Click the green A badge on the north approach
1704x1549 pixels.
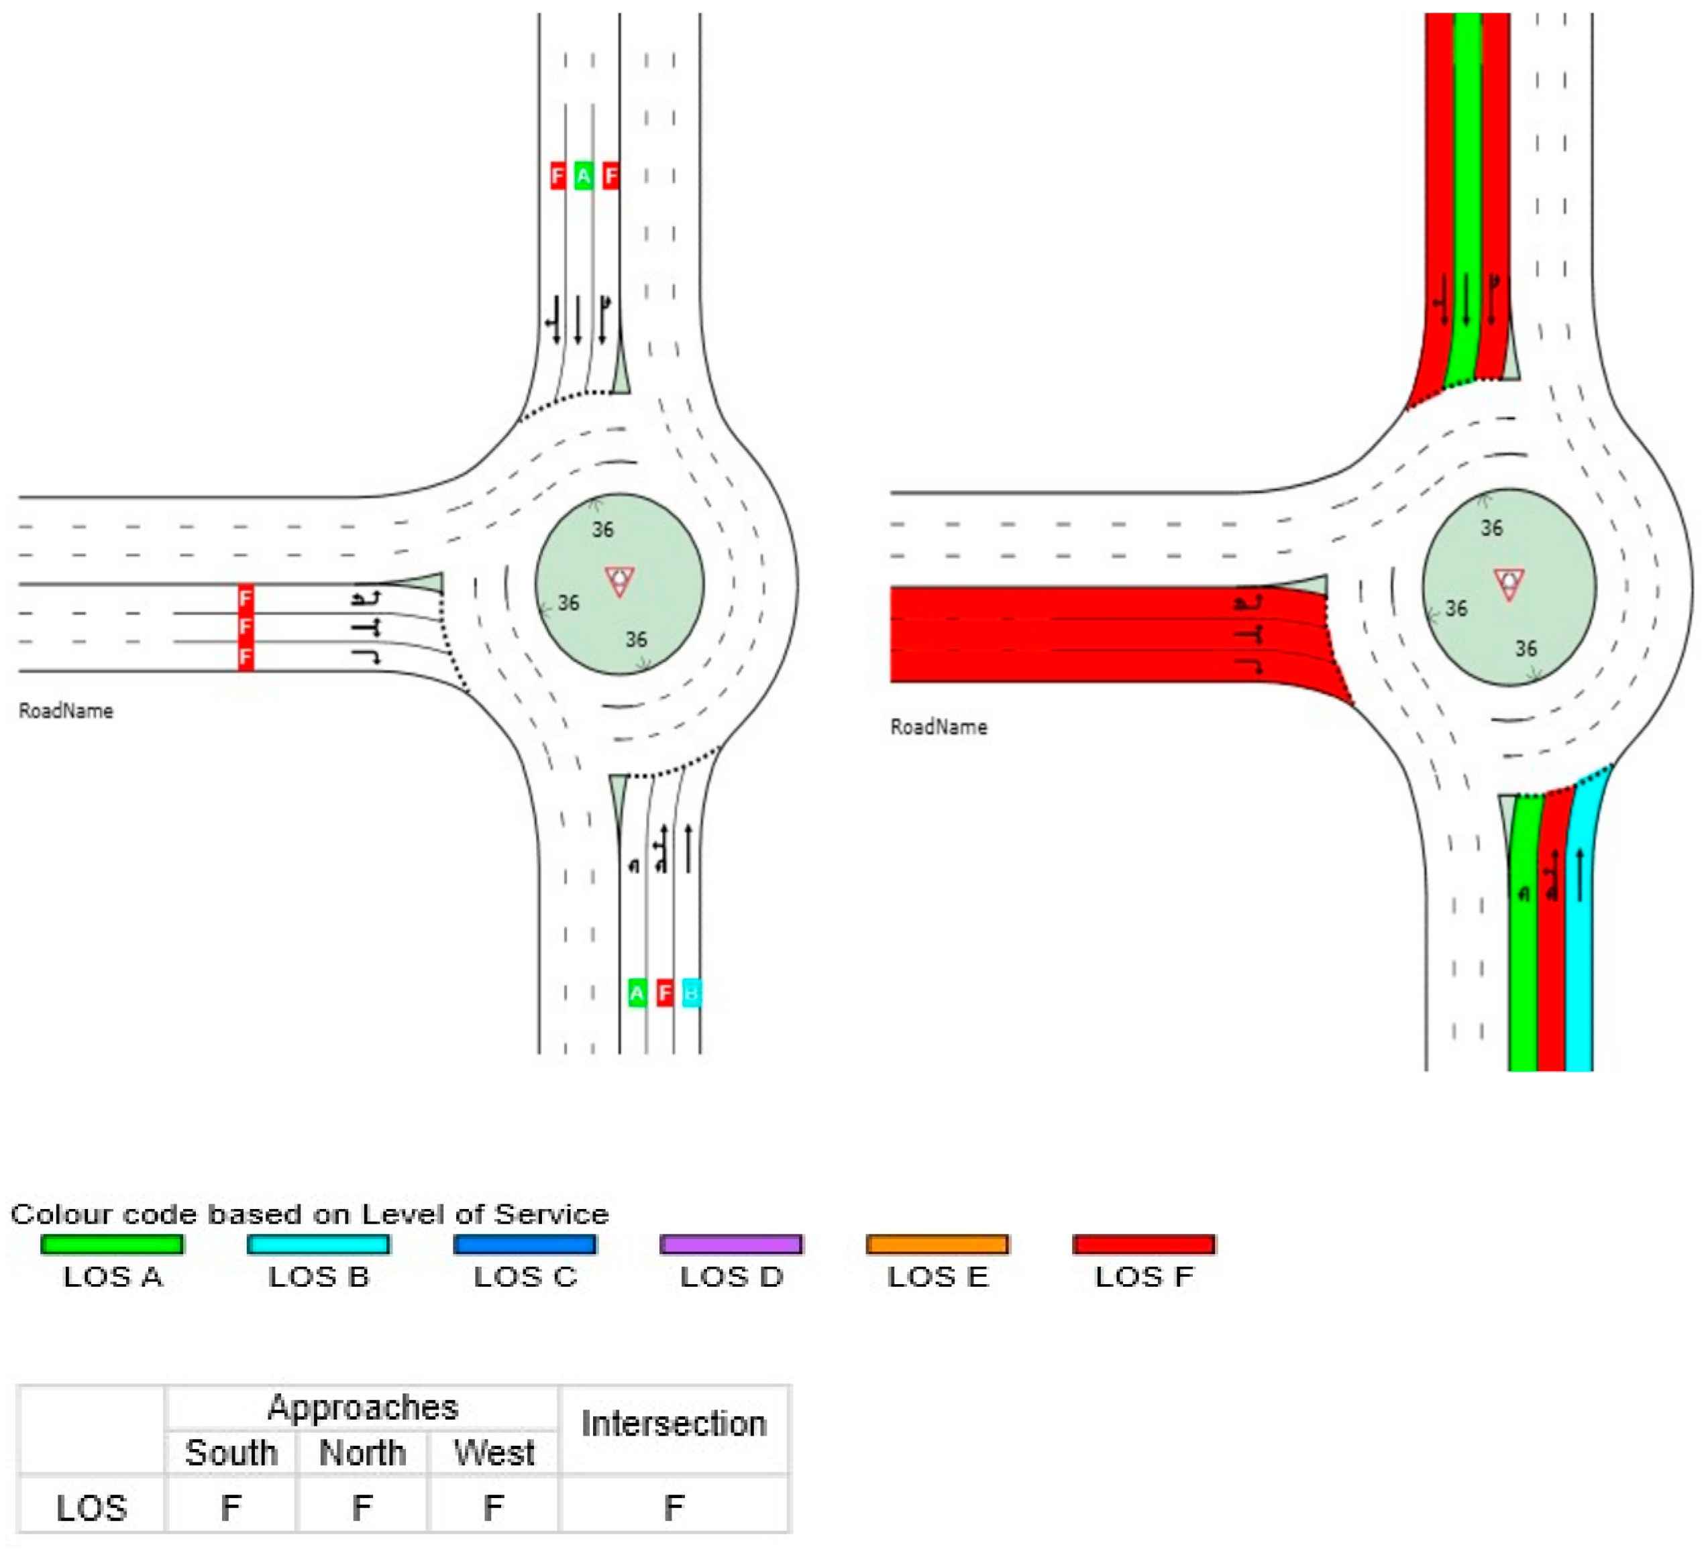(x=583, y=176)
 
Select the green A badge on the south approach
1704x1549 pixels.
(x=637, y=993)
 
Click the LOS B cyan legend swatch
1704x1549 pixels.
(x=319, y=1244)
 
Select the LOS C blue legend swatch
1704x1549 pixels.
(x=525, y=1244)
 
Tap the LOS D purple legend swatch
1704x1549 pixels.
(x=731, y=1244)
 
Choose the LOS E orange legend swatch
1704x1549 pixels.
(x=937, y=1244)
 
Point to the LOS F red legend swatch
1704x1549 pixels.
(x=1144, y=1244)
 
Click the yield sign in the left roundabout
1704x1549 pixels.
(x=620, y=581)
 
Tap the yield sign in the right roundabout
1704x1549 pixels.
(x=1509, y=583)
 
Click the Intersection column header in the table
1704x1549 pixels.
(x=674, y=1424)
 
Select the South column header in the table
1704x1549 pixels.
(x=231, y=1452)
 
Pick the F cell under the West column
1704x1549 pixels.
(x=494, y=1507)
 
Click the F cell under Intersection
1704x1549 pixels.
(x=674, y=1507)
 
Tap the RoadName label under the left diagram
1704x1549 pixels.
(x=66, y=711)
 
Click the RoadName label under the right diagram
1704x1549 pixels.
(x=939, y=727)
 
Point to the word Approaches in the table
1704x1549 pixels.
(x=363, y=1407)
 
